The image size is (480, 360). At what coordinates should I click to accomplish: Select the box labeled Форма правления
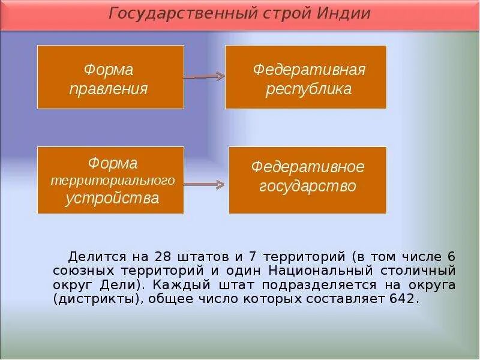click(x=110, y=77)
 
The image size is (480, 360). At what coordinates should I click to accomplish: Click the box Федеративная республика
click(x=305, y=77)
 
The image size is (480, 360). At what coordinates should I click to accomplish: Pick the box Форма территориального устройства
click(x=110, y=180)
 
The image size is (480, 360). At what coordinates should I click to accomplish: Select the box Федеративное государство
click(x=307, y=180)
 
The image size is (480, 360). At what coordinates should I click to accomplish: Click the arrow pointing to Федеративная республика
click(x=204, y=77)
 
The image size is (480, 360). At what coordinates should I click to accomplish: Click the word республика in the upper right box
click(x=308, y=89)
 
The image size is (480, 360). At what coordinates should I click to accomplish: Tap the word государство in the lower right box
click(x=307, y=186)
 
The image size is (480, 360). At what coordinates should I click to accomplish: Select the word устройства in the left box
click(x=112, y=198)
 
